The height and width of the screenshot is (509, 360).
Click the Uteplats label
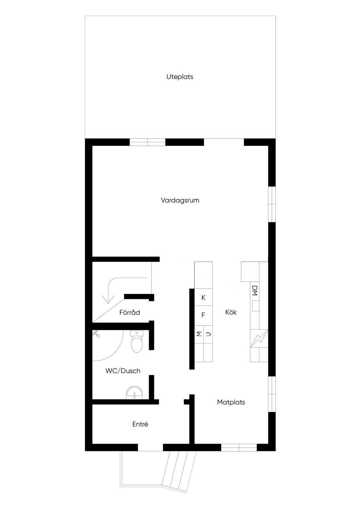[180, 77]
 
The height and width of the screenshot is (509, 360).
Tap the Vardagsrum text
[180, 200]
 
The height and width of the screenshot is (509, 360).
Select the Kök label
[231, 312]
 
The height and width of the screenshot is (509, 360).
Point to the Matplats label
[231, 402]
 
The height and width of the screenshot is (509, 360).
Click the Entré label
[140, 424]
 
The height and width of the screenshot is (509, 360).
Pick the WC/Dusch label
[123, 371]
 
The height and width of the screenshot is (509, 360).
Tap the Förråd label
[129, 313]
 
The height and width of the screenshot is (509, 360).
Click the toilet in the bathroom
[136, 341]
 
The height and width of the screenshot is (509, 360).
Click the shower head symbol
[96, 333]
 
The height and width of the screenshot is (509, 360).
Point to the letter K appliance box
[204, 298]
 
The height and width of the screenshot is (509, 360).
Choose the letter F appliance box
[203, 315]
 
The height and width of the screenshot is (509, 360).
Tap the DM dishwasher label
[255, 290]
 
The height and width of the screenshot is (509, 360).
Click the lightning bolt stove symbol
[259, 339]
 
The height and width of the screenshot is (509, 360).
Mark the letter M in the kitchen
[199, 334]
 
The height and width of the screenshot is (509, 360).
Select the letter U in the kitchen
[208, 334]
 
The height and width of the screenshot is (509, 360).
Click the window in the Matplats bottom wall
[239, 447]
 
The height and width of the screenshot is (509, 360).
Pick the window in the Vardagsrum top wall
[147, 142]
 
